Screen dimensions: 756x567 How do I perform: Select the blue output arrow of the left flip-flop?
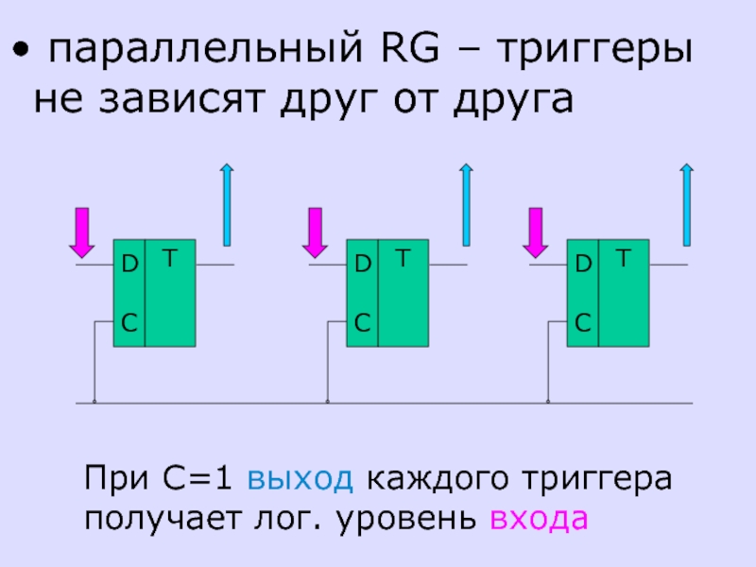[227, 202]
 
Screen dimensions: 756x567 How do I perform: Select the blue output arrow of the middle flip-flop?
[466, 202]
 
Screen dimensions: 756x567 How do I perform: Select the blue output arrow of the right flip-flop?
[687, 202]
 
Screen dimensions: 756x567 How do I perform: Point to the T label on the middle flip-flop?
[402, 257]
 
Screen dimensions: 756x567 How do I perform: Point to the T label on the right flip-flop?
[623, 257]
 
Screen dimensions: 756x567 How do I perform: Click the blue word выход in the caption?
[301, 478]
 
